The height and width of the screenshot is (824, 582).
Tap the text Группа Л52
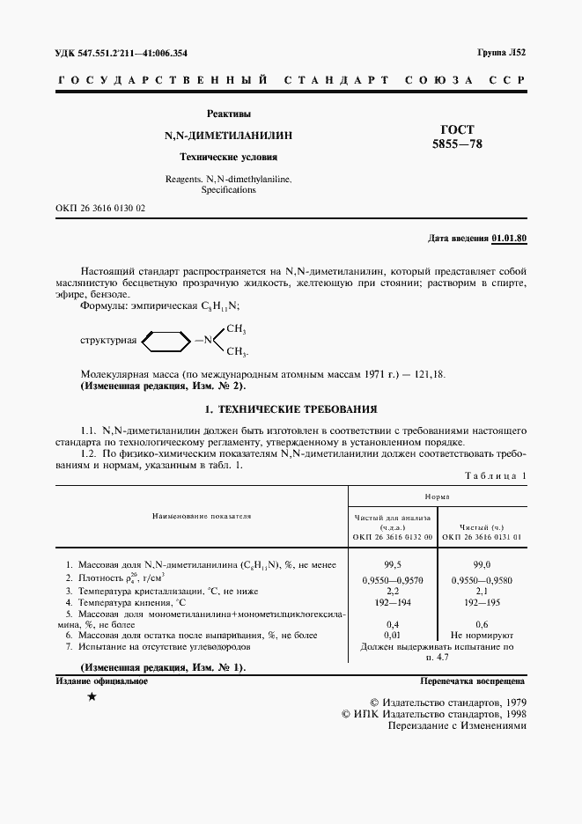click(502, 53)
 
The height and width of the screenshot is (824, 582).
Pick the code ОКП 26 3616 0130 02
click(100, 208)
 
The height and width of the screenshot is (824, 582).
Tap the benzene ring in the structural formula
click(166, 340)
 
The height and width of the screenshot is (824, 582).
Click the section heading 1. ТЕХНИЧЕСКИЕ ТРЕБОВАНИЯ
click(291, 408)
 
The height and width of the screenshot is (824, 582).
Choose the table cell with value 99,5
click(393, 563)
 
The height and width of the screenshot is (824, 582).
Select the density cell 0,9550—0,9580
click(482, 581)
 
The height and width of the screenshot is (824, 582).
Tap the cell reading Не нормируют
click(482, 634)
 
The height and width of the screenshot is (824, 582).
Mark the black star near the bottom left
click(92, 697)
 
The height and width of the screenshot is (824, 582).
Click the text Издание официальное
click(101, 681)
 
